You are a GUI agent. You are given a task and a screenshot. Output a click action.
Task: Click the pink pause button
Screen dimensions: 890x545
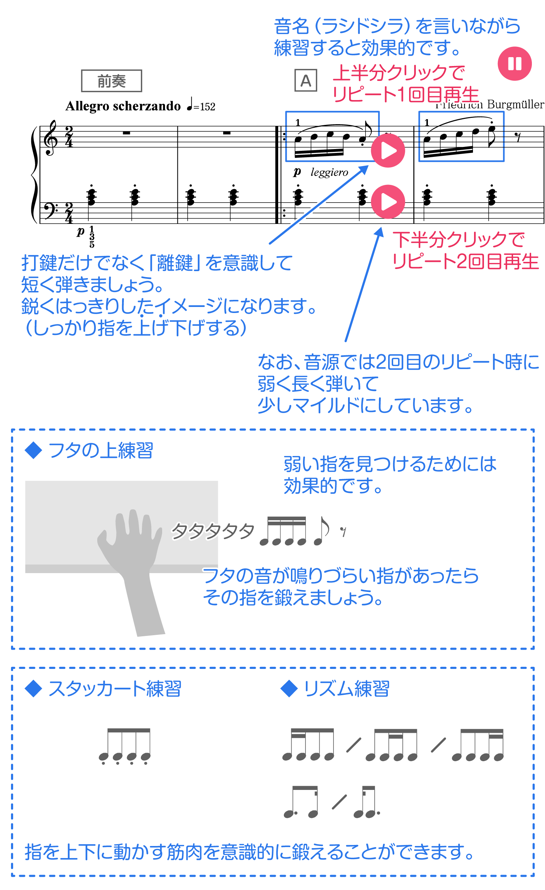point(514,64)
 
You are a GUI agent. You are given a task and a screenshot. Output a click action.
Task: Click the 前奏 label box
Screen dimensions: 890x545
point(111,81)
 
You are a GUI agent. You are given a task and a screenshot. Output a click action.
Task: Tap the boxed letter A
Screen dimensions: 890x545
point(305,81)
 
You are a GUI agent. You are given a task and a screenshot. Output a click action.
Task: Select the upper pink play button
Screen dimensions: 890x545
point(388,150)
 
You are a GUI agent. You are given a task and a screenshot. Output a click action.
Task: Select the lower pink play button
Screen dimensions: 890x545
point(388,202)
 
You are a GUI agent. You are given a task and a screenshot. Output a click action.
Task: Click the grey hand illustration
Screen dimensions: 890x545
point(132,567)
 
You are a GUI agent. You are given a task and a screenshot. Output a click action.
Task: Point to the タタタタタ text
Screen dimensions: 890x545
point(213,531)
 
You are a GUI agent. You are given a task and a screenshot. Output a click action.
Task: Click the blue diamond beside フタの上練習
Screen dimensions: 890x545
point(33,450)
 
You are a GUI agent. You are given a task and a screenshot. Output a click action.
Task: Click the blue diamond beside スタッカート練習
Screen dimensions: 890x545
point(33,689)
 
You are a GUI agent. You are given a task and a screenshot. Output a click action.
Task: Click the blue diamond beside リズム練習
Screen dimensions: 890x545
point(288,689)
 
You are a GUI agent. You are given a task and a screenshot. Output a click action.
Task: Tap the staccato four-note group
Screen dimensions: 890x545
point(125,746)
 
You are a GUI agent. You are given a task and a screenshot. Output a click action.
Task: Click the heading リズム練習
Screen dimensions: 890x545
point(346,689)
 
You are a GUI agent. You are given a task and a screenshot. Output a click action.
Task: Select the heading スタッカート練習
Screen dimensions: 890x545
point(115,689)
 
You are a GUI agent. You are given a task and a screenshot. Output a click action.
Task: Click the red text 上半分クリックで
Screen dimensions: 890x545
point(399,73)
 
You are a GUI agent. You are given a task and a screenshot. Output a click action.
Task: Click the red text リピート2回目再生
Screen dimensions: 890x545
point(466,262)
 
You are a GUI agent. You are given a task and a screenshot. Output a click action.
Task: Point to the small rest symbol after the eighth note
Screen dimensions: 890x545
point(343,531)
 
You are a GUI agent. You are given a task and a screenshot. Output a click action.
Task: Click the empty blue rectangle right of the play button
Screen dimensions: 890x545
point(461,136)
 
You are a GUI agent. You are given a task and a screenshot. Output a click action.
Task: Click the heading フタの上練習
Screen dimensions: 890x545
point(100,450)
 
